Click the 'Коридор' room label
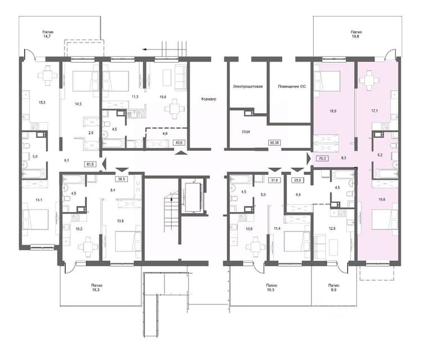tap(209, 99)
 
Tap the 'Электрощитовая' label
tap(248, 86)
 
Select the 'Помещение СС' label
tap(292, 86)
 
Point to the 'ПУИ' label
tap(246, 132)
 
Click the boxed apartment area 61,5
tap(90, 164)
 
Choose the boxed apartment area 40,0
tap(179, 143)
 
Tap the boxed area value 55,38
tap(274, 143)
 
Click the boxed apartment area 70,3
tap(322, 158)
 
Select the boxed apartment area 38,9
tap(122, 179)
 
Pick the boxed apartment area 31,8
tap(274, 180)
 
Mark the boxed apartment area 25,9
tap(298, 180)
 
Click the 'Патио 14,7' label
tap(48, 34)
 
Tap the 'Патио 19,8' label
tap(356, 34)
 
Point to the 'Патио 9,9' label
tap(333, 288)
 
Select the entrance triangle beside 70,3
tap(309, 159)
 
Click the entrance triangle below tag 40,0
tap(181, 153)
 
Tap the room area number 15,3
tap(42, 102)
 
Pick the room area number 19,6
tap(163, 97)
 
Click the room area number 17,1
tap(374, 110)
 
